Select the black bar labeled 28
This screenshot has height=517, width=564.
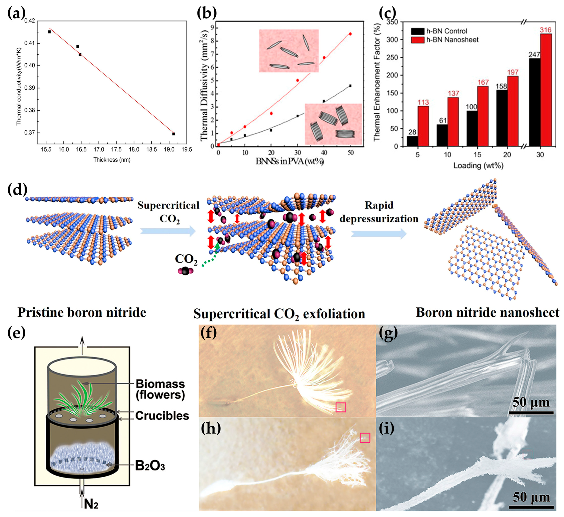(412, 141)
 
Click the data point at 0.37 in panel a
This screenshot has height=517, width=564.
(174, 134)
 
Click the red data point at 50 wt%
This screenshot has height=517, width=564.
(350, 34)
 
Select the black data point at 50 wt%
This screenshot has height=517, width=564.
(350, 86)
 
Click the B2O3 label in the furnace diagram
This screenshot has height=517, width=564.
(150, 466)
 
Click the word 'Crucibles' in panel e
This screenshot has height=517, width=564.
(162, 416)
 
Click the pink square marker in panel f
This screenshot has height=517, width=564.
(341, 407)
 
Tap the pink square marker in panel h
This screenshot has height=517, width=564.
(365, 438)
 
